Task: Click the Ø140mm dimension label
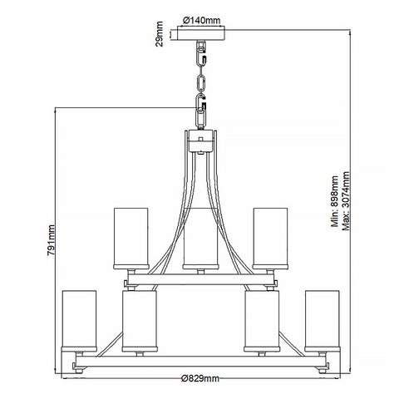[201, 21]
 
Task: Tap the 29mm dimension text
[160, 34]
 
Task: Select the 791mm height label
[51, 240]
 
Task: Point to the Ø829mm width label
[200, 378]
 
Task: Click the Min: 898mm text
[335, 201]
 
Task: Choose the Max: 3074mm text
[346, 201]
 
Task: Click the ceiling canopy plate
[201, 33]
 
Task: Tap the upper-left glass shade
[131, 239]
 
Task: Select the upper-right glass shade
[271, 239]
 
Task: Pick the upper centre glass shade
[200, 239]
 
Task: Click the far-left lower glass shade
[79, 321]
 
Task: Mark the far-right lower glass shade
[323, 321]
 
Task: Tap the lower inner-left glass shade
[140, 321]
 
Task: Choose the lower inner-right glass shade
[262, 321]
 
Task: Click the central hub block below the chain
[201, 140]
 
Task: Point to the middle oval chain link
[200, 82]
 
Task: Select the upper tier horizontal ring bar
[200, 279]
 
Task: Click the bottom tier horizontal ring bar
[201, 362]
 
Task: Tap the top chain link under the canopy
[200, 54]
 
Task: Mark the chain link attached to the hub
[200, 119]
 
